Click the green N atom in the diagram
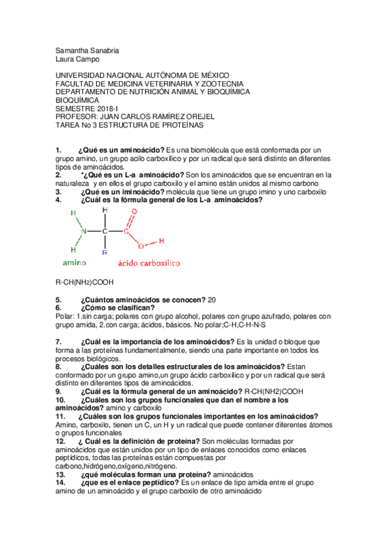tap(82, 231)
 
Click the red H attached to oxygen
tap(160, 241)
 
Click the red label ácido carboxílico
tap(149, 263)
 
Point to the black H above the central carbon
tap(104, 211)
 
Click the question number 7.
tap(58, 341)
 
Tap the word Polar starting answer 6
tap(64, 316)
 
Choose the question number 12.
tap(60, 441)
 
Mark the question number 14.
tap(60, 483)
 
